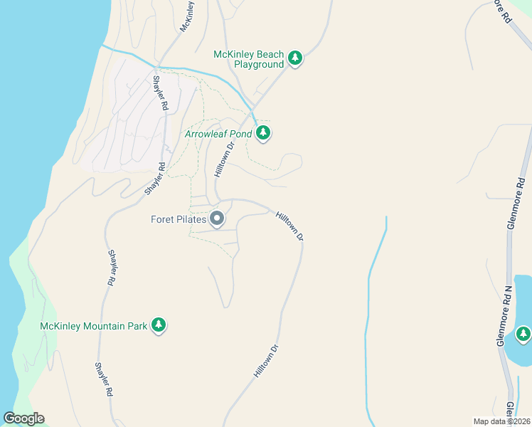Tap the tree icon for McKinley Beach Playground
295,58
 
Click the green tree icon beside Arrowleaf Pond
264,132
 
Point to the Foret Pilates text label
178,218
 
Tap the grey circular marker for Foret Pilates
217,218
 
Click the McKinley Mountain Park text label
93,326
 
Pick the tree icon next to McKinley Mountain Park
159,325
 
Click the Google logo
23,418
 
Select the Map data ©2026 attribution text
501,421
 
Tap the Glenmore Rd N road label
503,316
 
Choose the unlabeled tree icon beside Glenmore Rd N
523,333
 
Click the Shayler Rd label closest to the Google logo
104,379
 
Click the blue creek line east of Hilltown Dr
368,313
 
